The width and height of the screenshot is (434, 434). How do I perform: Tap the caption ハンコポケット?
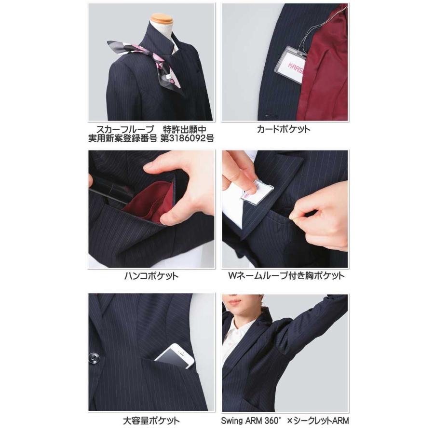tap(151, 276)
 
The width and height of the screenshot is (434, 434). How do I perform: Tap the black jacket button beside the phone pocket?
tap(95, 358)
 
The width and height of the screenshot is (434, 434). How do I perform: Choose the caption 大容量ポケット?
tap(150, 420)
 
